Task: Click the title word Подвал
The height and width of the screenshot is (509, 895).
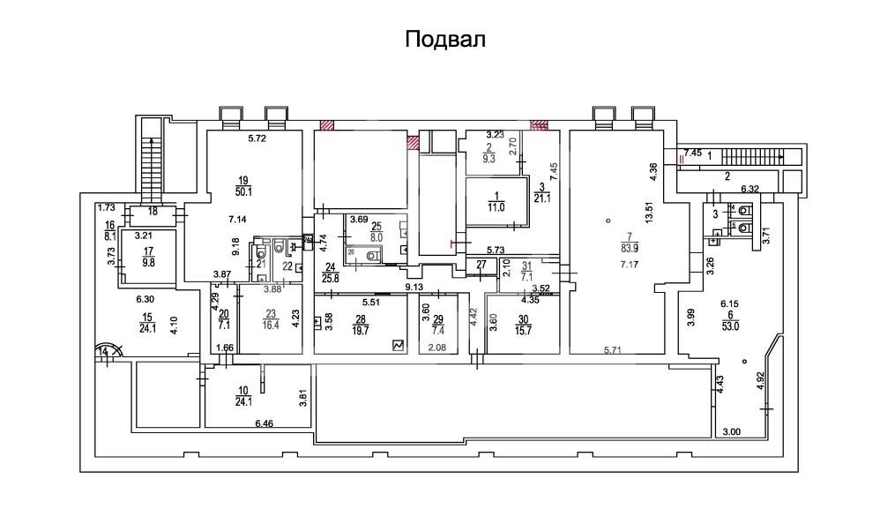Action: pyautogui.click(x=446, y=40)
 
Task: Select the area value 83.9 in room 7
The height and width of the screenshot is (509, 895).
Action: pyautogui.click(x=629, y=246)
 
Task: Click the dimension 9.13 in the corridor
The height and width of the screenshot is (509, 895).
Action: pyautogui.click(x=414, y=287)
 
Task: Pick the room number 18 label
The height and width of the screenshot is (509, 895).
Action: pyautogui.click(x=153, y=212)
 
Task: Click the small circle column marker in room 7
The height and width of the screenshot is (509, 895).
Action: pyautogui.click(x=608, y=221)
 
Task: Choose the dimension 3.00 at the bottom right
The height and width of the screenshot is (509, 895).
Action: pyautogui.click(x=732, y=431)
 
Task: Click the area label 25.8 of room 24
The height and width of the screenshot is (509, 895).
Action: pyautogui.click(x=329, y=280)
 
